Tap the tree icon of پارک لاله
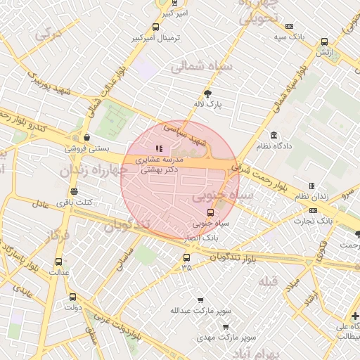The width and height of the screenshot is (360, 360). (x=207, y=93)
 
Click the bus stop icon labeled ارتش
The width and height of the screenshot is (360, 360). (x=324, y=41)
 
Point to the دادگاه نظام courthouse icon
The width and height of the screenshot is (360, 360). (x=274, y=135)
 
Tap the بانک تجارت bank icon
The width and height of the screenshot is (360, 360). (x=313, y=210)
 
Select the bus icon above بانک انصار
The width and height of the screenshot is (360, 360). (x=210, y=212)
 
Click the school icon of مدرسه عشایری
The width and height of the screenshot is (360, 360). (x=159, y=148)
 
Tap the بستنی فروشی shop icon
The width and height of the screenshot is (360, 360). (x=86, y=137)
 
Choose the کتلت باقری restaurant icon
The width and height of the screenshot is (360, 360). (x=74, y=192)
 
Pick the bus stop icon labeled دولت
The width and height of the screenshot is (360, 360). (x=72, y=297)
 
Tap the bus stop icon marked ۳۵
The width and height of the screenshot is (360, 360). (x=186, y=257)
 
